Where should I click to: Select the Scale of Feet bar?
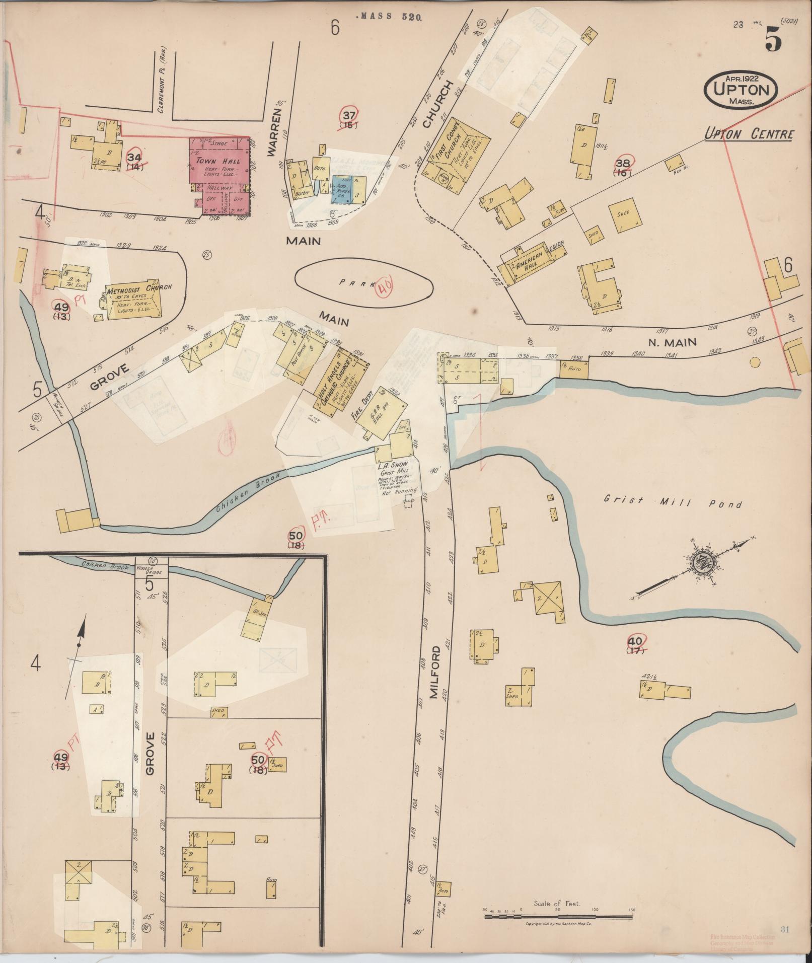pos(558,917)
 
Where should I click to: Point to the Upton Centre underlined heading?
pos(749,134)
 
